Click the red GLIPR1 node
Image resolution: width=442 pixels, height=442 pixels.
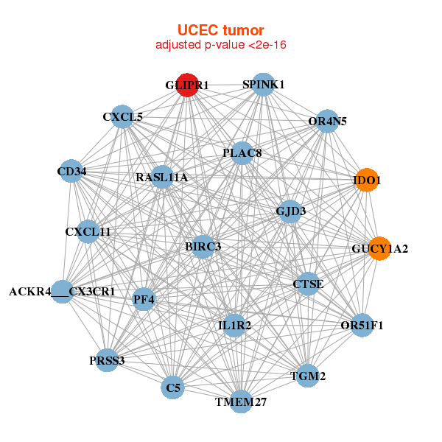point(187,85)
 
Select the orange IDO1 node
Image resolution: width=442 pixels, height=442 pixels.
point(367,180)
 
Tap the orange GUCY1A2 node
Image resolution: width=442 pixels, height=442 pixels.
point(379,248)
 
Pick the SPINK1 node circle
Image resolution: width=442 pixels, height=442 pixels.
point(264,85)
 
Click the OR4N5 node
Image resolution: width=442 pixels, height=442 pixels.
point(328,121)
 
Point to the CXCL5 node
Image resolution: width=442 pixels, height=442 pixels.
point(123,116)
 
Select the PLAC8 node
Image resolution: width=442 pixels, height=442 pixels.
point(242,153)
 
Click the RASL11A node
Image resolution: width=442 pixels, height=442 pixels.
point(162,178)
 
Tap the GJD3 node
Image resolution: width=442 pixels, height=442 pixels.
point(290,211)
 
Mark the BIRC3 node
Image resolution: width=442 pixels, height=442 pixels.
point(203,245)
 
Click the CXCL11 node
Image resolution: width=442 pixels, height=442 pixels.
point(88,232)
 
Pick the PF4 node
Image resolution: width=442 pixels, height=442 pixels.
point(144,299)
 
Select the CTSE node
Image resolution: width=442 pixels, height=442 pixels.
point(308,284)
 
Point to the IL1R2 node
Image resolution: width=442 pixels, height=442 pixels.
point(234,325)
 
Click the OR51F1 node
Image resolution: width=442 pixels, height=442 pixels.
point(362,325)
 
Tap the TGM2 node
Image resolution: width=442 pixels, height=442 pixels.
point(308,376)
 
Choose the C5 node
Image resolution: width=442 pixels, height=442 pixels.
point(173,387)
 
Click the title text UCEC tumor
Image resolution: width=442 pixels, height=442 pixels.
point(220,30)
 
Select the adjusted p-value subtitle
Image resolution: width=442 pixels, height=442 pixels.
point(220,45)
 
